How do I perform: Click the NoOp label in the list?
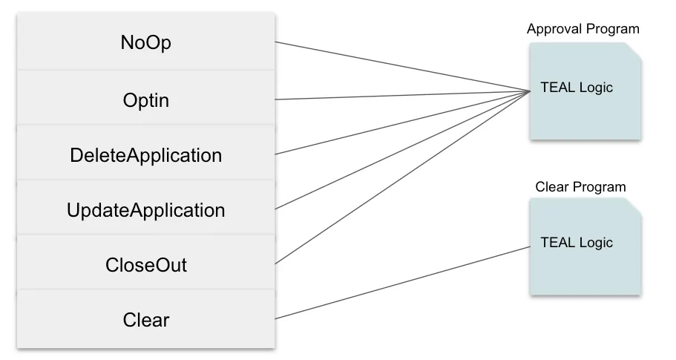145,43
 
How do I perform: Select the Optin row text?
145,99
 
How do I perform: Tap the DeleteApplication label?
145,155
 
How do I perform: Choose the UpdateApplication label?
145,210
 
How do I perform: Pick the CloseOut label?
145,265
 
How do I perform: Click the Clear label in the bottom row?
145,320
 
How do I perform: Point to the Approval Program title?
583,30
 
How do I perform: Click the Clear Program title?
580,187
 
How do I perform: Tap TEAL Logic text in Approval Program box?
577,88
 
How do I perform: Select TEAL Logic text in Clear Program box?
577,243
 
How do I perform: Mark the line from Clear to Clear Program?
401,283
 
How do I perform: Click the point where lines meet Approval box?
529,91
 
